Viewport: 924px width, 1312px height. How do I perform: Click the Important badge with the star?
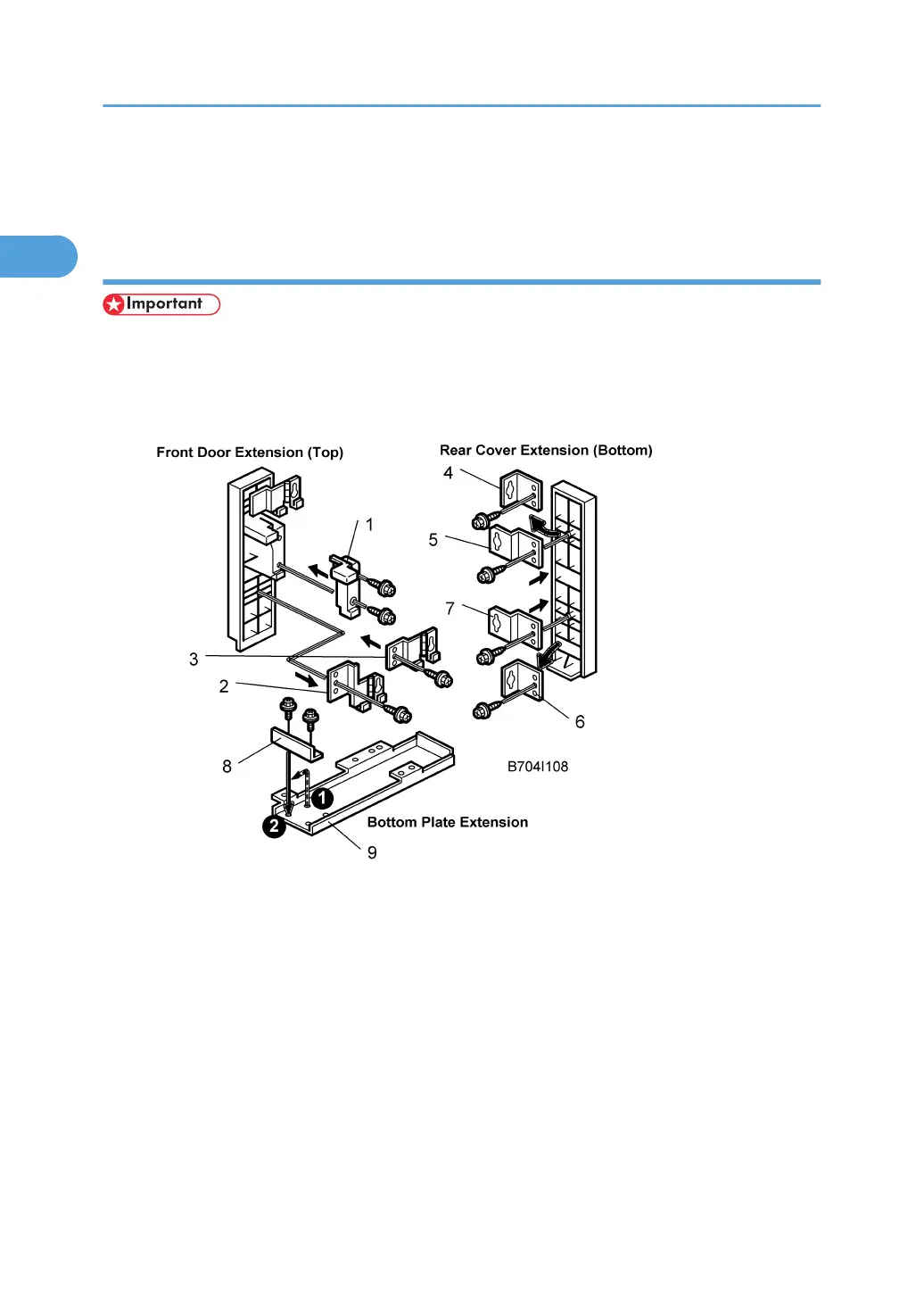(161, 304)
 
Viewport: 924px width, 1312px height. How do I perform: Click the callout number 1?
(369, 525)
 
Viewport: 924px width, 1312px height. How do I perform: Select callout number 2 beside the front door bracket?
(224, 686)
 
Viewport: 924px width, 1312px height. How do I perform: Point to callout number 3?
(194, 660)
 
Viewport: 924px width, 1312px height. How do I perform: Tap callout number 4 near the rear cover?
(449, 473)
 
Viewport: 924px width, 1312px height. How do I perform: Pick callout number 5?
(433, 540)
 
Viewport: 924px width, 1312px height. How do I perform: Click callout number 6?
(580, 722)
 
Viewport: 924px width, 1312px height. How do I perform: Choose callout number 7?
(450, 609)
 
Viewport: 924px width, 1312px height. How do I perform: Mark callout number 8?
(227, 767)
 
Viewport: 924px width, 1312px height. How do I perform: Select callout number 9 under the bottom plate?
(372, 853)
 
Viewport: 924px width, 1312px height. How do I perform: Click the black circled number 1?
(322, 798)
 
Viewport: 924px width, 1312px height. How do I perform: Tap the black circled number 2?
(274, 826)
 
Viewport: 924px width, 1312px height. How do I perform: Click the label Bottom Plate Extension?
(447, 822)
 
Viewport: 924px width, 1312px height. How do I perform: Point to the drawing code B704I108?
(537, 767)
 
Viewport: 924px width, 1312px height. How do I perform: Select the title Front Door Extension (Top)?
(250, 453)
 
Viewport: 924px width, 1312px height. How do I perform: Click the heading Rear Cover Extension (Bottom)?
(546, 451)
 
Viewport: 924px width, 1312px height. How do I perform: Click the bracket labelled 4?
(521, 490)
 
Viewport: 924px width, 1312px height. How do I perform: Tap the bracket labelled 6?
(522, 683)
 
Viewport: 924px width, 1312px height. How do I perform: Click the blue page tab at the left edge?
(38, 256)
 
